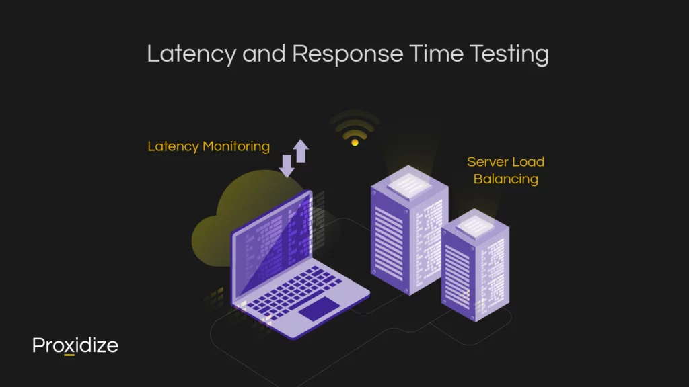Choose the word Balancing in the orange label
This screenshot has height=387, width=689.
point(505,179)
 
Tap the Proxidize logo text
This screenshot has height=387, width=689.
point(75,345)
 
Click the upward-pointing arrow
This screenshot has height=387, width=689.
point(300,150)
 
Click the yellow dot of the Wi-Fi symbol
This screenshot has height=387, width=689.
point(355,141)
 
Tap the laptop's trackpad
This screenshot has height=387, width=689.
point(319,310)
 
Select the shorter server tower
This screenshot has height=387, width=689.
point(474,265)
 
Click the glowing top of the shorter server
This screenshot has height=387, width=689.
point(476,226)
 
